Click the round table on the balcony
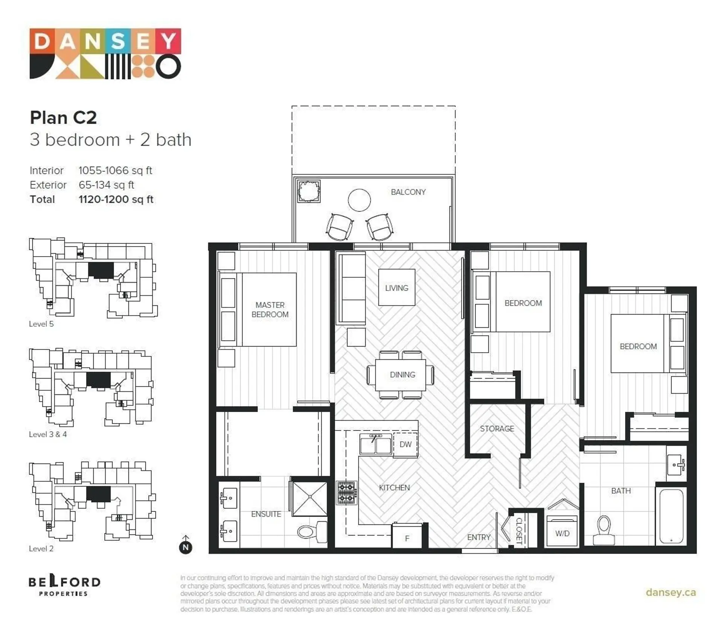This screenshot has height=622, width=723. pyautogui.click(x=359, y=200)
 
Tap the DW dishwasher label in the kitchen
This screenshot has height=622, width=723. pyautogui.click(x=405, y=444)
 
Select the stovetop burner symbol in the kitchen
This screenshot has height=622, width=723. pyautogui.click(x=346, y=492)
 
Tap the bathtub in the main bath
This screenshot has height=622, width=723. pyautogui.click(x=671, y=516)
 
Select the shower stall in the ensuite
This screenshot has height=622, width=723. pyautogui.click(x=310, y=498)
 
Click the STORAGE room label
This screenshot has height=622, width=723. pyautogui.click(x=497, y=429)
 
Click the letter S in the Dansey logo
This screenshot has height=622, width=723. pyautogui.click(x=118, y=41)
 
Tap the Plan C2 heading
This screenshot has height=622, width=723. pyautogui.click(x=63, y=117)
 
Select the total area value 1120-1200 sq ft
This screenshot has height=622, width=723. pyautogui.click(x=116, y=199)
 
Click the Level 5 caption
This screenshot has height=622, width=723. pyautogui.click(x=41, y=324)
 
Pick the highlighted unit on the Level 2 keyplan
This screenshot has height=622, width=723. pyautogui.click(x=98, y=494)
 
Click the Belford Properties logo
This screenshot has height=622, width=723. pyautogui.click(x=64, y=586)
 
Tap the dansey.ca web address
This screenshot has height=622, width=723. pyautogui.click(x=670, y=592)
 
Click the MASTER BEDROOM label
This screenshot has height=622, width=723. pyautogui.click(x=270, y=309)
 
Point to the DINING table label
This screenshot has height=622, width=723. pyautogui.click(x=402, y=375)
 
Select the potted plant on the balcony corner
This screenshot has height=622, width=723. pyautogui.click(x=309, y=192)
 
